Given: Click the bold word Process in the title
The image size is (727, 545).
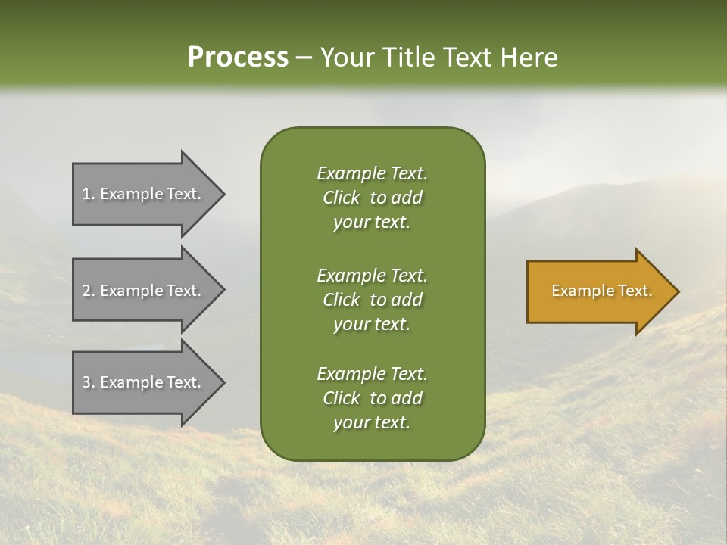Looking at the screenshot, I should (238, 58).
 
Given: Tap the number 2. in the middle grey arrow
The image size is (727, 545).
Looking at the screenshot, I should (89, 291).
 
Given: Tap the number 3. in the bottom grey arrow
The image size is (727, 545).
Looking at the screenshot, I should (89, 382).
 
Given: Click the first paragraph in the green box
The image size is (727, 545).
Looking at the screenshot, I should (372, 198).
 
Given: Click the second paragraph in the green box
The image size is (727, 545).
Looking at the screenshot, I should (372, 299).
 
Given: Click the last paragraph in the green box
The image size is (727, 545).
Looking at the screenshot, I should (372, 398).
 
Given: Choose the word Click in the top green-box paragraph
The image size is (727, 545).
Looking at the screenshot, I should (342, 198).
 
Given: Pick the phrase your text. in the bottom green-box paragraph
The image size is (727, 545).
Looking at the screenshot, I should (372, 422).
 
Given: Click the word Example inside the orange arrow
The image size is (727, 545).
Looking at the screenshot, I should (579, 291).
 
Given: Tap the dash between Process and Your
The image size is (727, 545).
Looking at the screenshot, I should (304, 58).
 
